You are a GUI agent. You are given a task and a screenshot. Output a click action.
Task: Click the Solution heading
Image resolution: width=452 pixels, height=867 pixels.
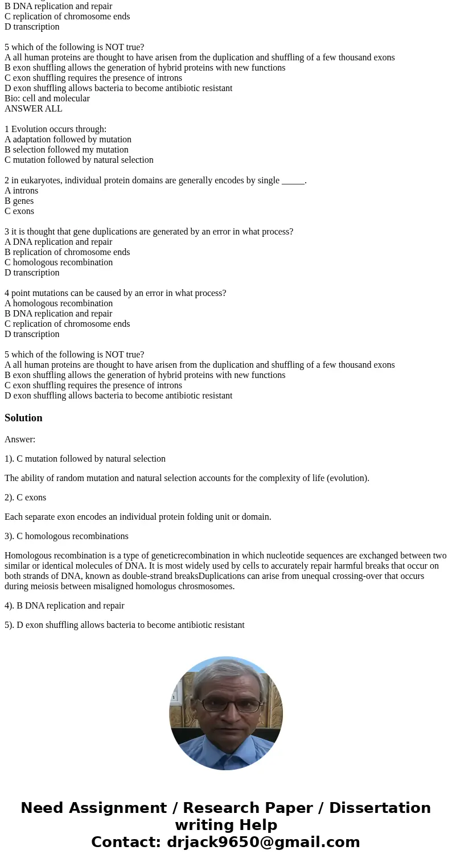pos(23,418)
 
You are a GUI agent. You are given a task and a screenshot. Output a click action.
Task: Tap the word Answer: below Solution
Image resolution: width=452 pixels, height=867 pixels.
pos(20,439)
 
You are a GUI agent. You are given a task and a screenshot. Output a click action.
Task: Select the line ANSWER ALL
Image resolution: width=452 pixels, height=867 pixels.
pos(34,109)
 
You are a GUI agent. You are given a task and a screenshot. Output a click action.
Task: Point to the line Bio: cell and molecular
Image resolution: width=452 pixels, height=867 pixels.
pos(47,98)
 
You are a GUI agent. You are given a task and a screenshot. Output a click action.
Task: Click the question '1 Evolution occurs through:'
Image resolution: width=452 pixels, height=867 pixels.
pos(55,129)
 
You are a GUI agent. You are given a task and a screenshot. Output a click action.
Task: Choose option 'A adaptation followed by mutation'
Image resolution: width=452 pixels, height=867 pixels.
pos(68,139)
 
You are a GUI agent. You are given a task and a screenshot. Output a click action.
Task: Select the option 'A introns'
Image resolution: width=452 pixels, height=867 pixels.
pos(22,191)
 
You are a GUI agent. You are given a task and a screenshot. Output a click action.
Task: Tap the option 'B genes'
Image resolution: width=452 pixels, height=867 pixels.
pos(19,201)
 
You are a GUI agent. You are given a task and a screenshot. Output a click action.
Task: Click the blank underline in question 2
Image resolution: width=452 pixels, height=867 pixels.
pos(293,181)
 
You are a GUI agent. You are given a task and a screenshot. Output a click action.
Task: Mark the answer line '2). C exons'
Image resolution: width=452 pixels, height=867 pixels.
pos(26,498)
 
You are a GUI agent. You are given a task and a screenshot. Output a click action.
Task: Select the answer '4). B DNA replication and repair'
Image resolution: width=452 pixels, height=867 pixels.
pos(64,606)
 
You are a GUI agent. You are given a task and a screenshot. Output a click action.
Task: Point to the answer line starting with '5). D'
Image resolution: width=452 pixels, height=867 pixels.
pos(125,625)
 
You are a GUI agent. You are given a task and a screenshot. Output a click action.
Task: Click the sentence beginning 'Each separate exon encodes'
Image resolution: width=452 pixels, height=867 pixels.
pos(138,517)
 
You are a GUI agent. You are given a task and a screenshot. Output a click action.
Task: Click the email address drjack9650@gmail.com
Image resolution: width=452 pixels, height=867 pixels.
pos(264,842)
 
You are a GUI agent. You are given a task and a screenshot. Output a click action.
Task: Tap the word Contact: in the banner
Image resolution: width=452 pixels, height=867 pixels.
pos(126,842)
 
